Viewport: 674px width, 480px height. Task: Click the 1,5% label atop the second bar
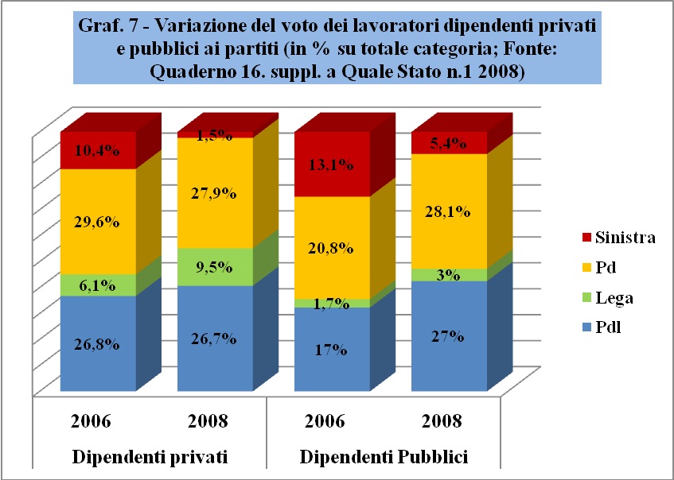216,135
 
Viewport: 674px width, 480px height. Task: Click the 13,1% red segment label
333,165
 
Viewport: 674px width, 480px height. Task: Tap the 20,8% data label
333,248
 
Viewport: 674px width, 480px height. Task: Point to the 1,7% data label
333,303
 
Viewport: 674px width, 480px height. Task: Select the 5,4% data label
449,143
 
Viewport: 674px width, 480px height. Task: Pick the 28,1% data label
449,212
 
